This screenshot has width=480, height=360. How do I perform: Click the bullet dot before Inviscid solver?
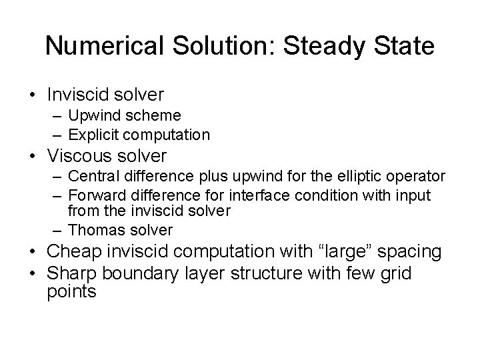(33, 95)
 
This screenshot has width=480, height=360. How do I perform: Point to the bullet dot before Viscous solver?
(33, 157)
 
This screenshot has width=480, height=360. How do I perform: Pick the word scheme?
(156, 116)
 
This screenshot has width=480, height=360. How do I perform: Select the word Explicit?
(91, 135)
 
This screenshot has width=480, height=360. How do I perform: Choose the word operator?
(413, 177)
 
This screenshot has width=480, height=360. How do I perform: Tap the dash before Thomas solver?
(57, 231)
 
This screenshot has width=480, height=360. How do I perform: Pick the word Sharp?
(73, 273)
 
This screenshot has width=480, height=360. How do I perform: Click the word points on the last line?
(72, 291)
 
